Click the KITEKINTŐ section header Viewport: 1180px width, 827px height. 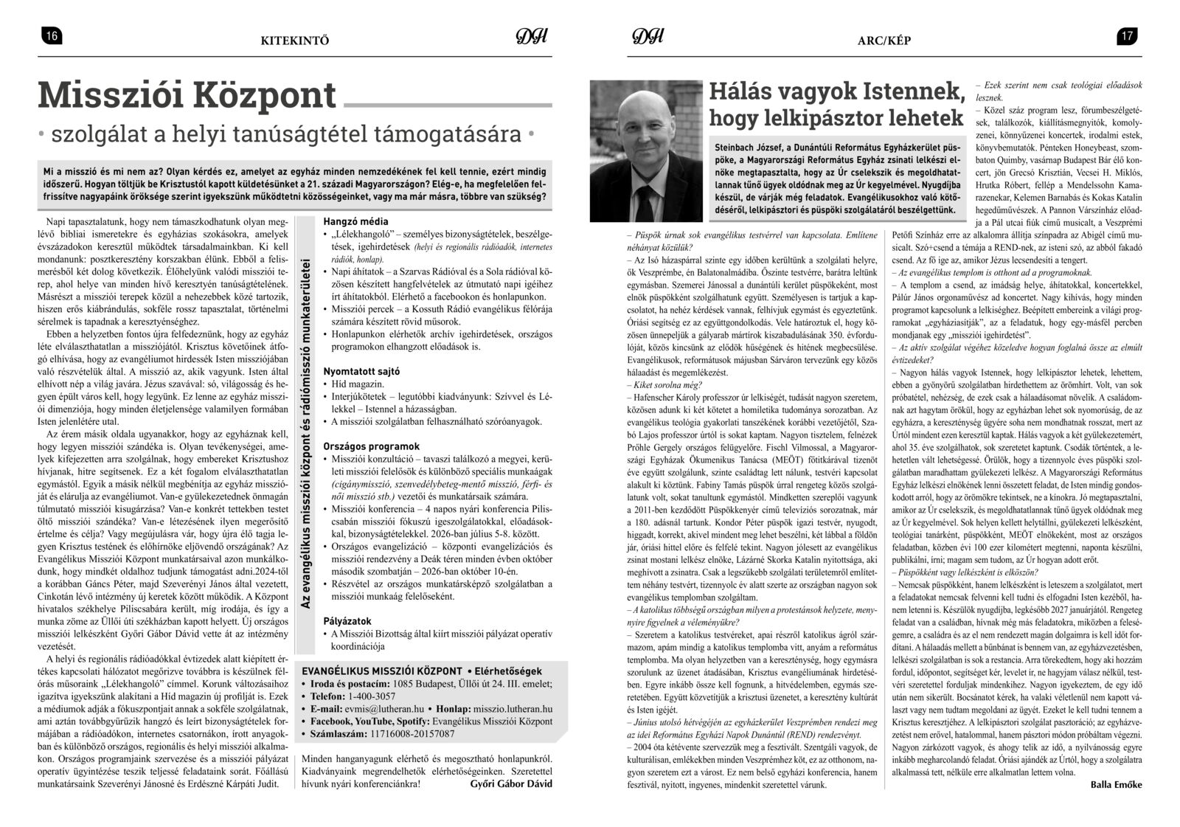pos(294,41)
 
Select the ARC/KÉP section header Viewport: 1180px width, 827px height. pos(884,41)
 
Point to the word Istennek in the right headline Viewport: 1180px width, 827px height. pos(910,92)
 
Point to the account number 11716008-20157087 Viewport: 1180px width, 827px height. pos(412,733)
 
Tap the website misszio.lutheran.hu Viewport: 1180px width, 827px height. pos(512,708)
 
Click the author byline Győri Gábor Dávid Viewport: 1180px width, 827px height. pos(510,783)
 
